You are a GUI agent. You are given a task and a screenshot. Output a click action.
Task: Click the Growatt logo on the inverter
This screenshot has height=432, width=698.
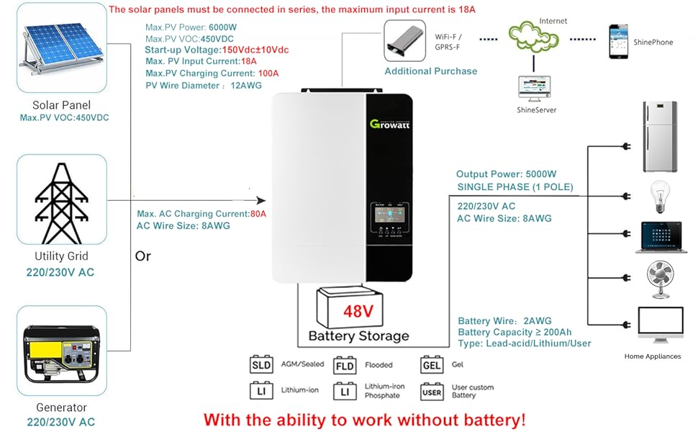(x=389, y=123)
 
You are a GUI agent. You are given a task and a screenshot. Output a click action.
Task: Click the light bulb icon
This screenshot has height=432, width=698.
(x=661, y=194)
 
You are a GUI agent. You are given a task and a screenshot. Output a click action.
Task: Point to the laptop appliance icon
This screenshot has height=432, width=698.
(x=661, y=237)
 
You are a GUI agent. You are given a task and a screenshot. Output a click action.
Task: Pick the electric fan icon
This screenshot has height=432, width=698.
(x=661, y=279)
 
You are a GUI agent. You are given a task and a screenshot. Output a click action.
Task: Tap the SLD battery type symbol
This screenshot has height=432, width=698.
(x=260, y=365)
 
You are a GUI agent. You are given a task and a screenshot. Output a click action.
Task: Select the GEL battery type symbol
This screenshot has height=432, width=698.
(x=432, y=365)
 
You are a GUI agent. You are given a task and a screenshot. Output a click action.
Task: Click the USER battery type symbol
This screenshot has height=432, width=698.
(x=432, y=392)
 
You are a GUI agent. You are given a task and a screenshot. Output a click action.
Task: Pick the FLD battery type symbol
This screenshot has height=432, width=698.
(x=346, y=365)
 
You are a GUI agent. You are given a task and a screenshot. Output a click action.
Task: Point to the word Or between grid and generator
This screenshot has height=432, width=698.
(x=143, y=256)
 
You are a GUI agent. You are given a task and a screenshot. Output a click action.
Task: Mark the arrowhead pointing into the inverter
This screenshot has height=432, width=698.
(x=261, y=202)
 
